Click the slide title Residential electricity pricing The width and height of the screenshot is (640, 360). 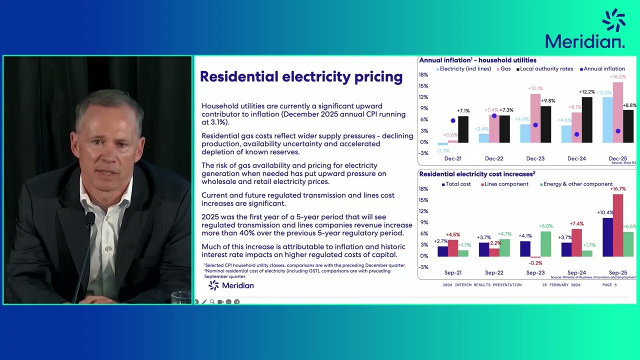click(301, 76)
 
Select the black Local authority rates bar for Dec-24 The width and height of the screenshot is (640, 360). click(587, 119)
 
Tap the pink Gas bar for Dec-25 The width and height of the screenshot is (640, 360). click(614, 112)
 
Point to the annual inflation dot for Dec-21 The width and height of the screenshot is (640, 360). click(453, 120)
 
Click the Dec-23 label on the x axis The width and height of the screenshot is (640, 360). click(535, 158)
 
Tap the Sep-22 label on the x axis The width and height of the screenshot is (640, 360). click(494, 272)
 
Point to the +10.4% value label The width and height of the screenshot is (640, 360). click(605, 212)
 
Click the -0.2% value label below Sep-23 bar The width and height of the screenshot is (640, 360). click(535, 263)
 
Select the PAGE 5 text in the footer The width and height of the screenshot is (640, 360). click(609, 285)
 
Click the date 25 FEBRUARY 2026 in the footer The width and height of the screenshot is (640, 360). click(561, 285)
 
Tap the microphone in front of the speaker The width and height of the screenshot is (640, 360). click(90, 219)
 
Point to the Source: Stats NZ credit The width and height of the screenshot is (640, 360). click(623, 162)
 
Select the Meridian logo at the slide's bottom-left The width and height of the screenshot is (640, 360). click(231, 285)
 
